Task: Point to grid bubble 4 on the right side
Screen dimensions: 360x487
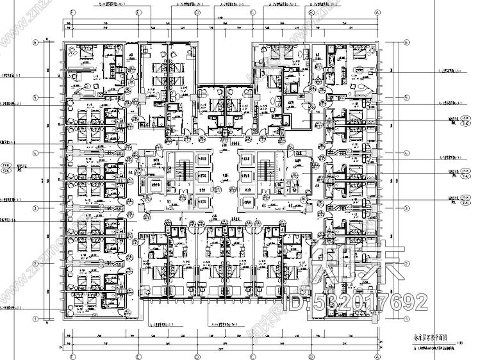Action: click(406, 152)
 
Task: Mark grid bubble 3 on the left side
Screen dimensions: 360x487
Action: click(37, 208)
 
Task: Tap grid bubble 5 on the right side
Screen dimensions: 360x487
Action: click(406, 98)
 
